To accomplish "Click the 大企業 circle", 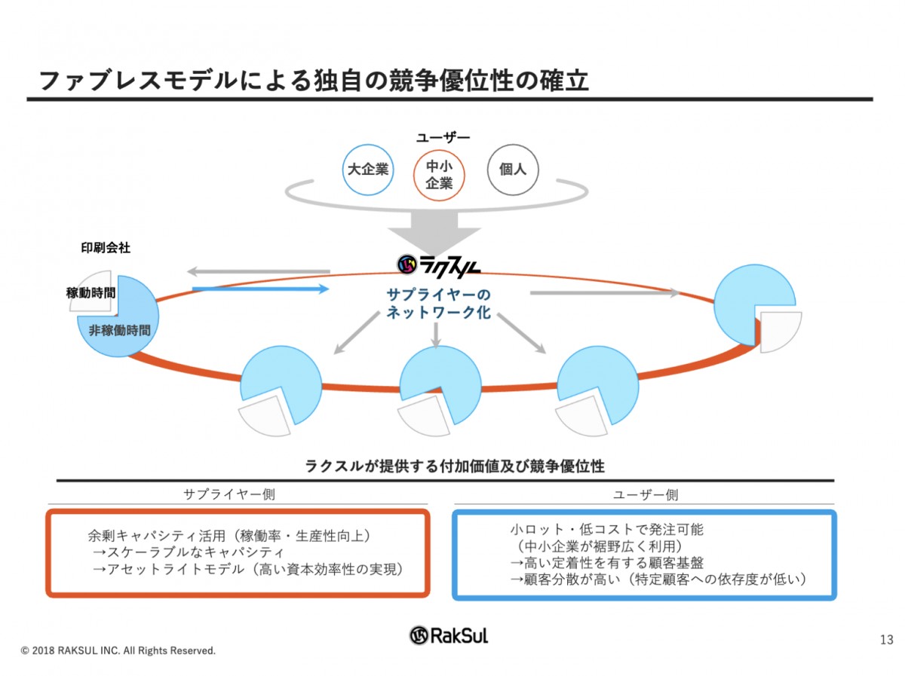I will point(367,170).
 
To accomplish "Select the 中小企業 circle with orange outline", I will point(439,174).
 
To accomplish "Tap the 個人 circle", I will point(513,170).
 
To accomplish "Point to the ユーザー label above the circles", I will point(443,137).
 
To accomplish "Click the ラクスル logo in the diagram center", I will point(439,263).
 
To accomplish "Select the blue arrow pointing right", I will point(261,289).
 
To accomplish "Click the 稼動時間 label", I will point(90,293).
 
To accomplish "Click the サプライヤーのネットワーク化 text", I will point(439,303).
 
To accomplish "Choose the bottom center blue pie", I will point(439,381).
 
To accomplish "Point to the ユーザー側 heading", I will point(645,494).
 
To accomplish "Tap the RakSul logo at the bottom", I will point(449,635).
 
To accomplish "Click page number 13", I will point(886,641).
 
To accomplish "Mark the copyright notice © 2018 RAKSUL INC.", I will point(118,650).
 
